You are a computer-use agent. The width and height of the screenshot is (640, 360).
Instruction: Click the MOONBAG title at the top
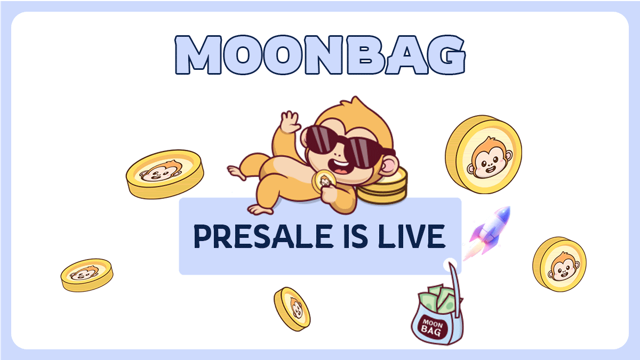click(319, 54)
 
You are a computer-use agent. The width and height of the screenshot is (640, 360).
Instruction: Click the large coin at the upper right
click(483, 155)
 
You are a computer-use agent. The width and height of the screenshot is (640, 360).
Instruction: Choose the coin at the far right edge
click(559, 263)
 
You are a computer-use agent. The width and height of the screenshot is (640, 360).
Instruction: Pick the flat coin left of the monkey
click(165, 173)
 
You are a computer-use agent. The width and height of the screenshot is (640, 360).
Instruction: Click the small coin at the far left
click(86, 274)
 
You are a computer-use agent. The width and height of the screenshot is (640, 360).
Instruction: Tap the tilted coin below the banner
click(292, 308)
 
